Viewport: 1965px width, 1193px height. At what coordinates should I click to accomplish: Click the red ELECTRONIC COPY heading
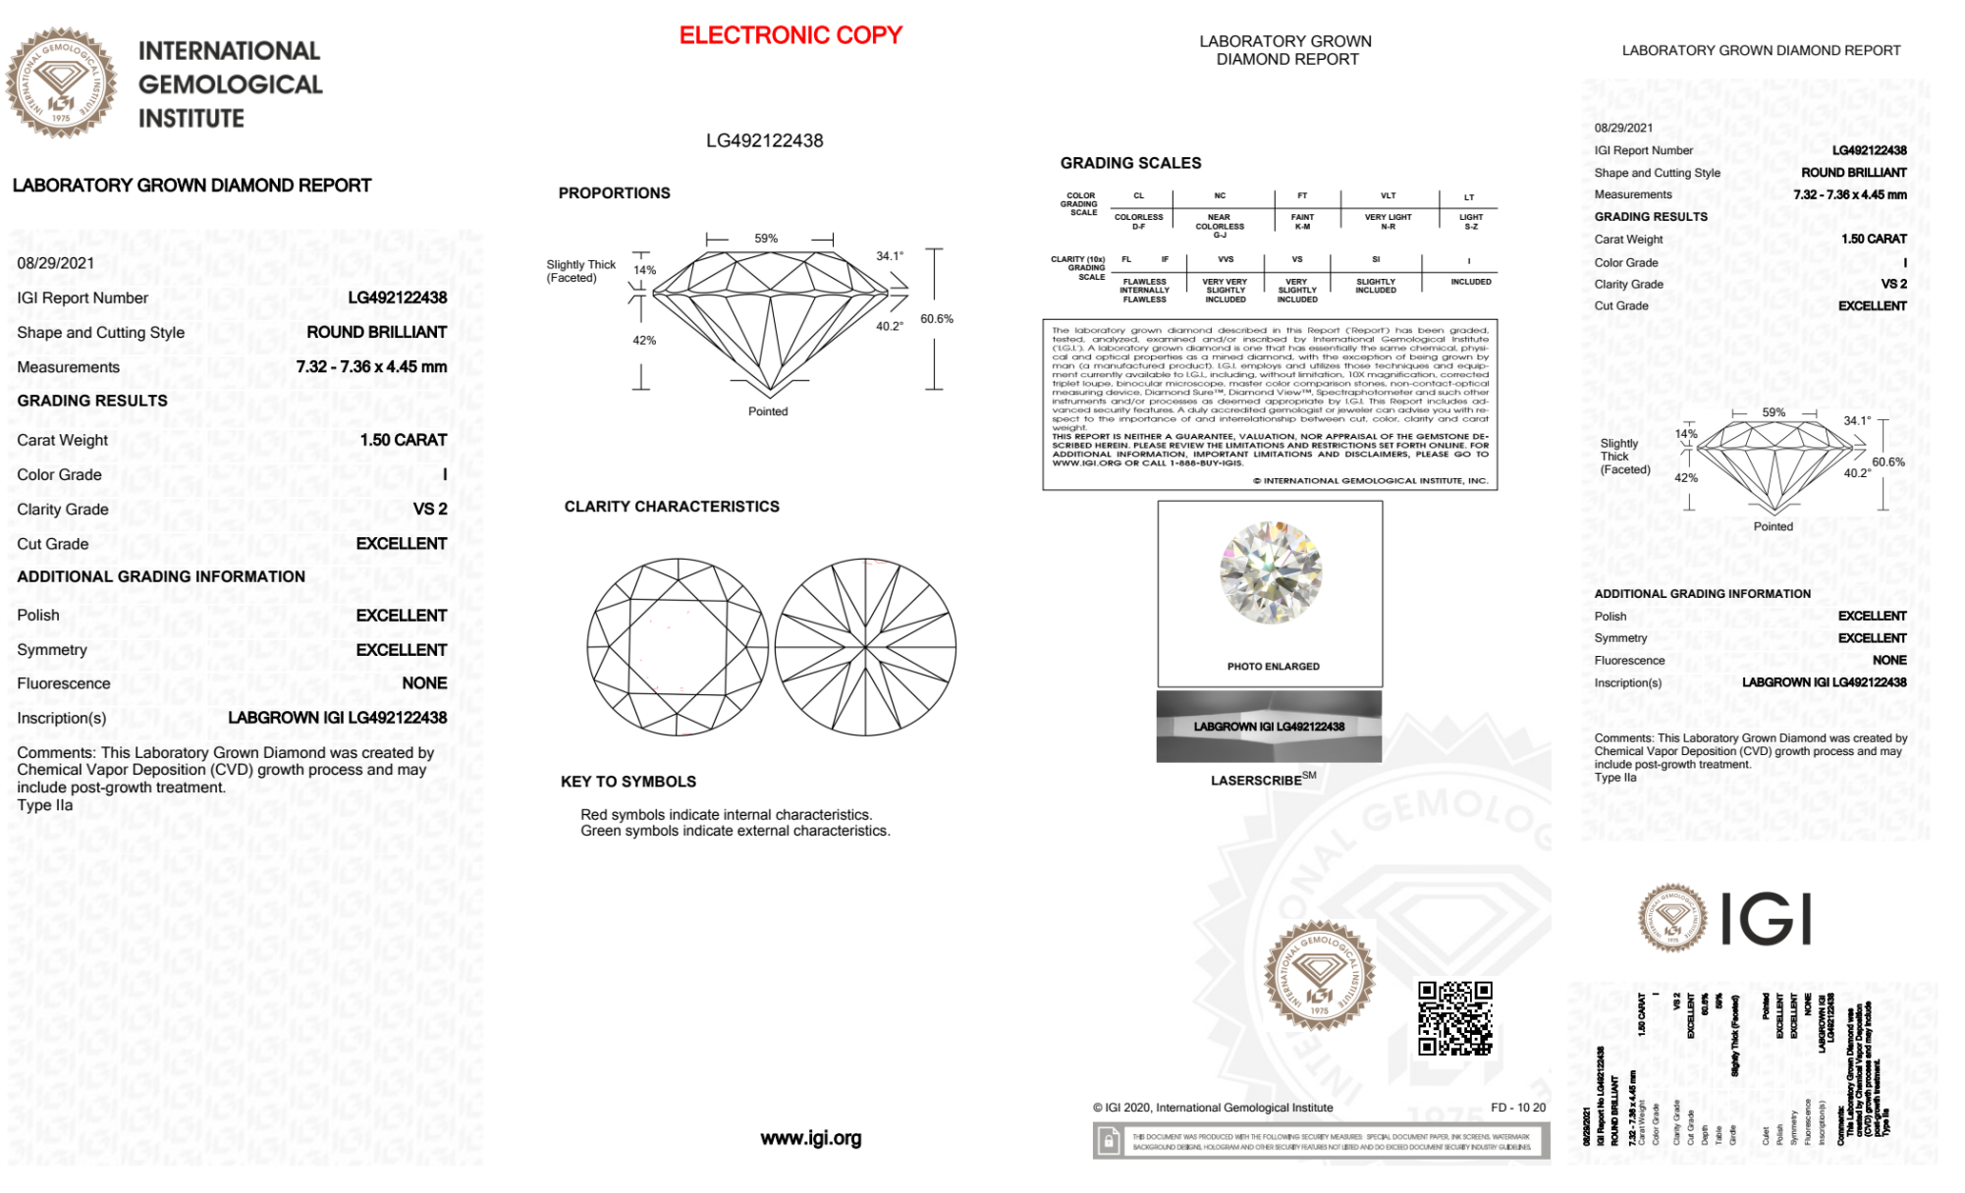coord(791,35)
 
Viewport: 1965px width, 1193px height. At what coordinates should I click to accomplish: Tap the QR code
coord(1455,1018)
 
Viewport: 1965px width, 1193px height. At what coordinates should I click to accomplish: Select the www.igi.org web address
coord(810,1139)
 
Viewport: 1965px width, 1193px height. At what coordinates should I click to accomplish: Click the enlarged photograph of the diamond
coord(1270,572)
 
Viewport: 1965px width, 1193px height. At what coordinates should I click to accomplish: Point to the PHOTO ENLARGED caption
coord(1273,667)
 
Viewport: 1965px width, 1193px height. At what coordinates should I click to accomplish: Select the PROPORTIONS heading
coord(614,193)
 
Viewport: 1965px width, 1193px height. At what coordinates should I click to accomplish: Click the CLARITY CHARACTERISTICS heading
coord(672,507)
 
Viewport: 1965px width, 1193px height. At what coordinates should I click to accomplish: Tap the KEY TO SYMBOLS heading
coord(628,782)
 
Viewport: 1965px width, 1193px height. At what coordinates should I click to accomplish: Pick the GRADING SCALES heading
coord(1130,163)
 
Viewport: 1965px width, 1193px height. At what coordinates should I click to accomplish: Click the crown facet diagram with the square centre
coord(678,648)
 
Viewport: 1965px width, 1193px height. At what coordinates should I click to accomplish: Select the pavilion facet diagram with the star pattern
coord(865,648)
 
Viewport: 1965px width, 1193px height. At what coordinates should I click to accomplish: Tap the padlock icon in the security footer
coord(1109,1142)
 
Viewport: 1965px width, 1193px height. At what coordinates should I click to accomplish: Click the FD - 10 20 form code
coord(1517,1108)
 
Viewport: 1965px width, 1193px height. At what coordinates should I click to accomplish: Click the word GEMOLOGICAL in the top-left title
coord(231,84)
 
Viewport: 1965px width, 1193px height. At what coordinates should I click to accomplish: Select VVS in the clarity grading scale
coord(1226,260)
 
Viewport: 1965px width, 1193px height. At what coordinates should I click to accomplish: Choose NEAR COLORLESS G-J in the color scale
coord(1220,226)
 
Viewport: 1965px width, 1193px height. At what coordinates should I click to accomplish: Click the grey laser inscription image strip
coord(1269,727)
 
